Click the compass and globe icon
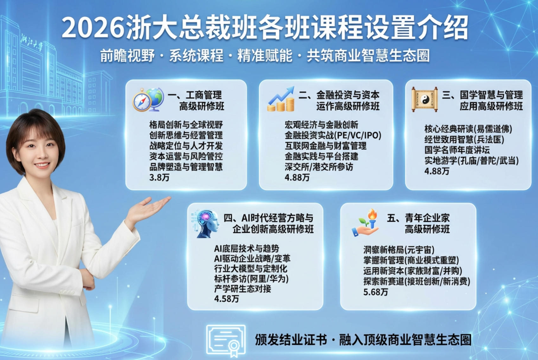148,100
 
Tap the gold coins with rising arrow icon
281,100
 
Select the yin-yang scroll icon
425,100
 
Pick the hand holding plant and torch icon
366,223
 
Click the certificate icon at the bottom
226,340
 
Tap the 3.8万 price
159,177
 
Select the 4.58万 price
226,299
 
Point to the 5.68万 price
375,292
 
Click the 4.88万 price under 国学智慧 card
437,171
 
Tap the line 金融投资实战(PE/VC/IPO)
333,135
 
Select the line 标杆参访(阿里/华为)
251,279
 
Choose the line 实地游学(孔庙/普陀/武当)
471,161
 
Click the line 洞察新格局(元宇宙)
399,250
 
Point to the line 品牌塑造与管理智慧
186,167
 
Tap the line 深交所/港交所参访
318,167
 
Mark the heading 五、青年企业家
418,218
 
